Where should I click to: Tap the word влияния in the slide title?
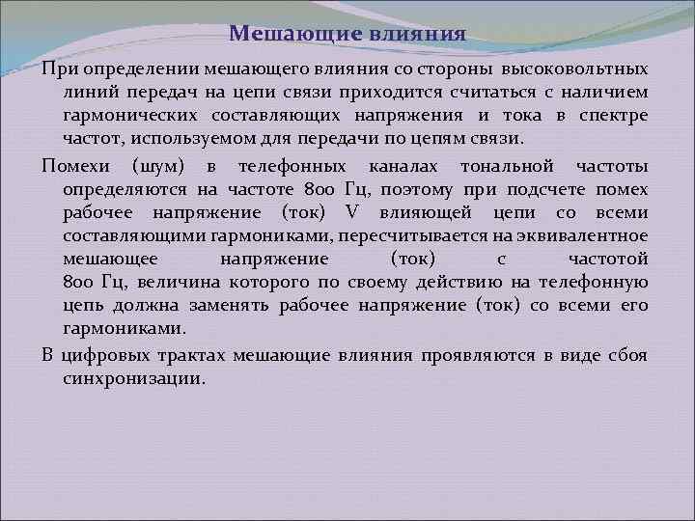tap(418, 35)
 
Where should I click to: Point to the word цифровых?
tap(105, 354)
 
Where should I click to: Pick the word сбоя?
tap(628, 354)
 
